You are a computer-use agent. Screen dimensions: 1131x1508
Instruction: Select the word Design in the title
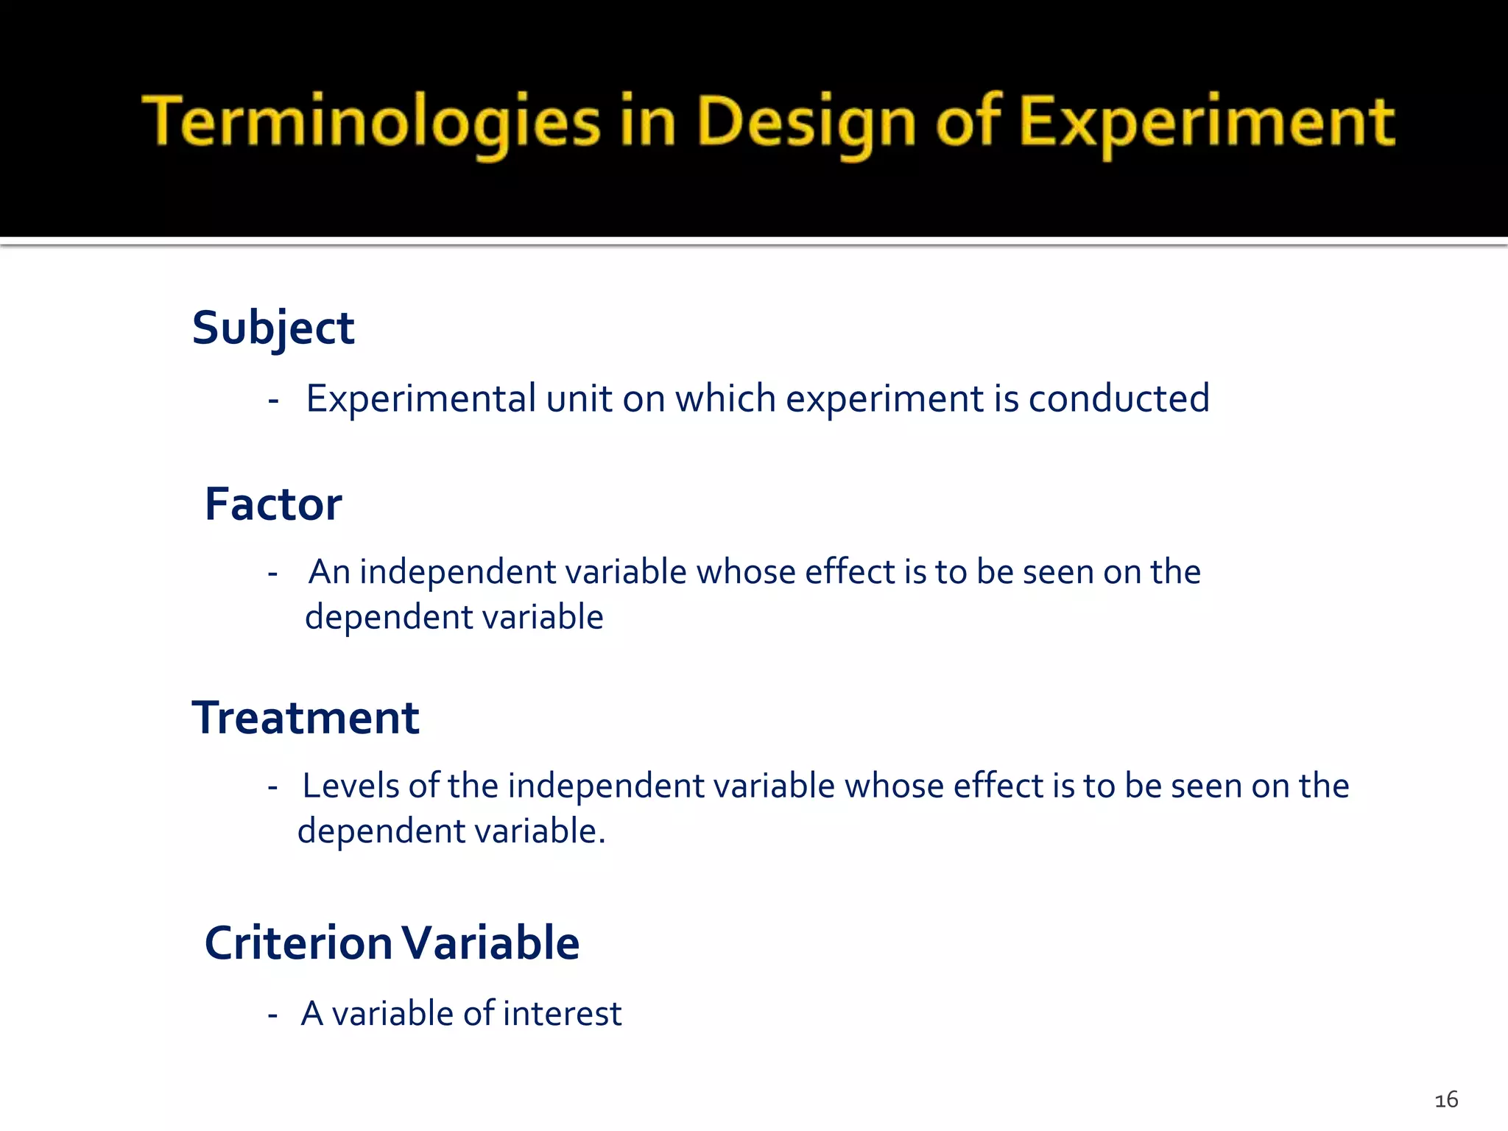click(806, 122)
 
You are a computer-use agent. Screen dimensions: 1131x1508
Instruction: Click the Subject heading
click(273, 328)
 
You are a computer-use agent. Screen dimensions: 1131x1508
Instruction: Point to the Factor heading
click(273, 504)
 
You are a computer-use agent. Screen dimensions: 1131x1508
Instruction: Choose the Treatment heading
click(306, 718)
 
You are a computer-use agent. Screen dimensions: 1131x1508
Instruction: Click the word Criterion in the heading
click(298, 943)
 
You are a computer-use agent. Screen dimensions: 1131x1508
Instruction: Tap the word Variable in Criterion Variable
click(490, 943)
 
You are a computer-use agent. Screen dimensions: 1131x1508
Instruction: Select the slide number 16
click(1446, 1100)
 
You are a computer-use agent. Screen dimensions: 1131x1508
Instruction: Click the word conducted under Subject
click(1118, 399)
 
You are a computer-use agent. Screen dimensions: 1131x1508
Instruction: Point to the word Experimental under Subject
click(420, 399)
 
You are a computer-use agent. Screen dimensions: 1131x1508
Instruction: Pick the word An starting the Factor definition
click(329, 572)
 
